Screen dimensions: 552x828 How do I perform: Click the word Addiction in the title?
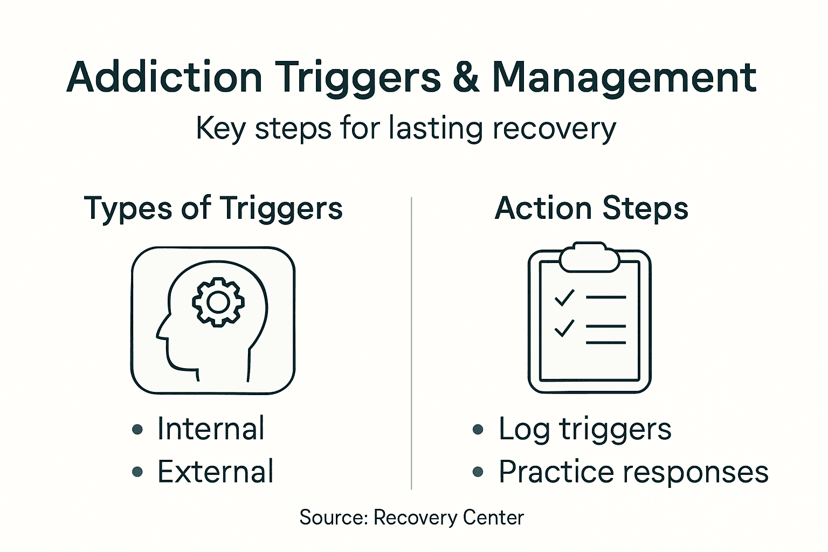[164, 78]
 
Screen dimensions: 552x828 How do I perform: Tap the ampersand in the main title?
[466, 78]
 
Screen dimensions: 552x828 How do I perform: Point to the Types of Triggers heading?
[213, 209]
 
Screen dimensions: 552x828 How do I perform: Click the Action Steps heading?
[591, 209]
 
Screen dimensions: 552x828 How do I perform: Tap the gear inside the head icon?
[218, 302]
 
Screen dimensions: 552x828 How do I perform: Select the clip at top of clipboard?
[589, 257]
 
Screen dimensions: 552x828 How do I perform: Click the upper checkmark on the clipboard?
[564, 297]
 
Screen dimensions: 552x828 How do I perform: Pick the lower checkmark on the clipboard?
[564, 327]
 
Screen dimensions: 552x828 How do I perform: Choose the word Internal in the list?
[211, 429]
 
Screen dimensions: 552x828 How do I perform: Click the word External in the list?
[216, 472]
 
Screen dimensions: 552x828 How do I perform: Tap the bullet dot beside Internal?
[137, 430]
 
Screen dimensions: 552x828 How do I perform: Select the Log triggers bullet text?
[585, 430]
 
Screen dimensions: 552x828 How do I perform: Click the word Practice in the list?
[556, 472]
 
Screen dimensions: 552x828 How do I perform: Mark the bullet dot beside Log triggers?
[478, 430]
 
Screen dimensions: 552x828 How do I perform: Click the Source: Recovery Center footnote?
[412, 517]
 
